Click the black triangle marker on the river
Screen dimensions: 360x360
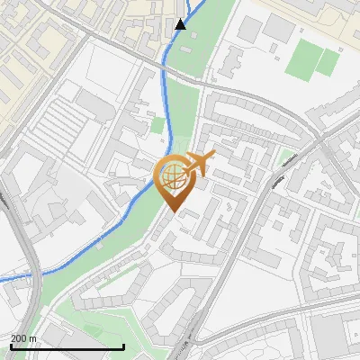click(x=181, y=23)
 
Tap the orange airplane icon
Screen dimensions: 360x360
click(x=197, y=164)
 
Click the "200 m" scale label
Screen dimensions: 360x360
click(x=23, y=338)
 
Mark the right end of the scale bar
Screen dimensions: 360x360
click(x=123, y=346)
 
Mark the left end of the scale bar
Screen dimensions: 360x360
click(x=11, y=346)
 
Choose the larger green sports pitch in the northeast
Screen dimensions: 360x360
click(x=301, y=58)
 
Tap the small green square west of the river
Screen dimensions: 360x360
click(x=158, y=126)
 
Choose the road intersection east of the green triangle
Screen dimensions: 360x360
click(x=320, y=140)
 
